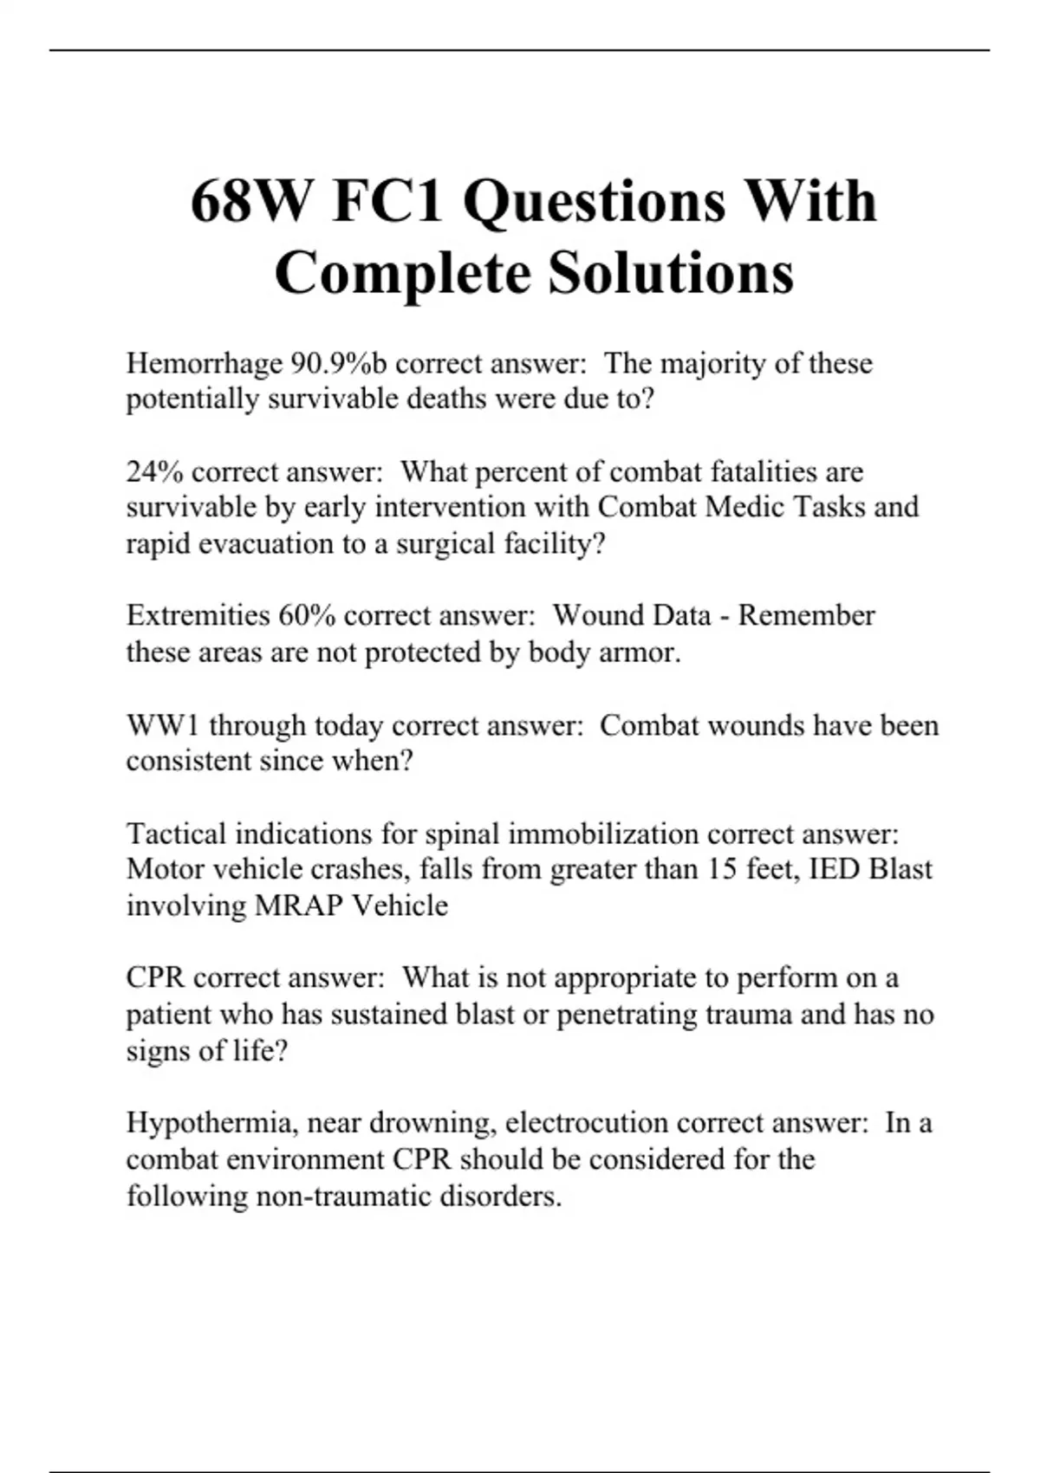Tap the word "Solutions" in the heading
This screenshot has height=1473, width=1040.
671,273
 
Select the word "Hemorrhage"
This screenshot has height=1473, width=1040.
204,364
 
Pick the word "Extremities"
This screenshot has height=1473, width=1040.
198,615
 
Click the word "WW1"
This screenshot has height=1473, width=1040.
163,725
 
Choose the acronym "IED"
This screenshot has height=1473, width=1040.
834,869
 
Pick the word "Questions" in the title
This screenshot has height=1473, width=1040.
594,202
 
